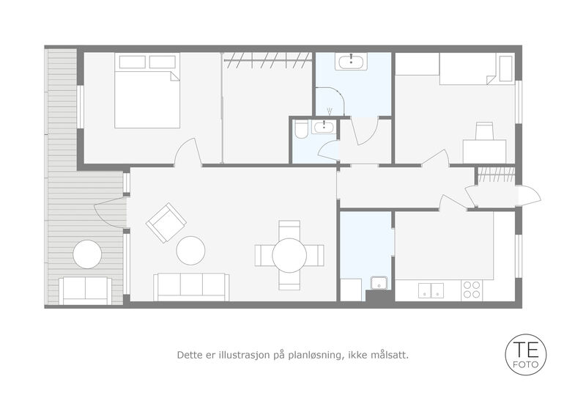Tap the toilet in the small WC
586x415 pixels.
[301, 129]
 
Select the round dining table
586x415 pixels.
[289, 255]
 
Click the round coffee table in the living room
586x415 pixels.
[190, 250]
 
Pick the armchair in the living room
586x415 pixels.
[166, 223]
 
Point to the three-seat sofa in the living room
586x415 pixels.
[191, 287]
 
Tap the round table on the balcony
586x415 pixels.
[87, 254]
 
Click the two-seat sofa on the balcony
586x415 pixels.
[86, 290]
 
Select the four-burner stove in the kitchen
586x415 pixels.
[472, 290]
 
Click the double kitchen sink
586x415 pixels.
[431, 290]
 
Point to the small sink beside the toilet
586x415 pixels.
[324, 128]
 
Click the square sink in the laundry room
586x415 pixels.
[379, 283]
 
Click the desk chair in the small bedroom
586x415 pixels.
[484, 131]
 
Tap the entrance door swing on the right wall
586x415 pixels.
[529, 195]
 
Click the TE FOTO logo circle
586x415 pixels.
[525, 355]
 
